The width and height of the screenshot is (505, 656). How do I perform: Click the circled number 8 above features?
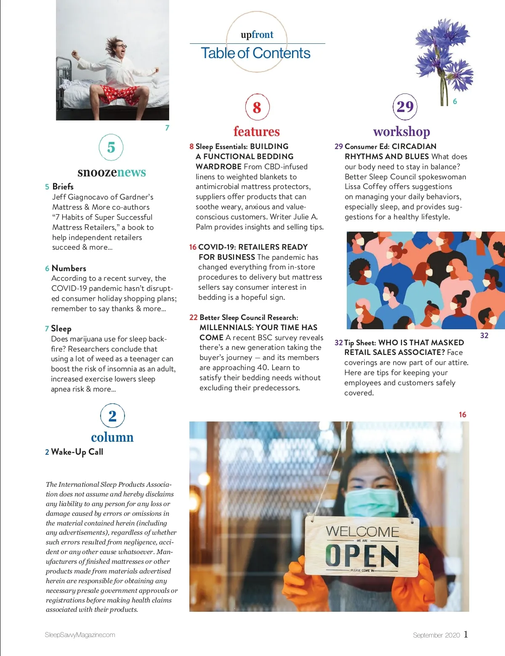257,107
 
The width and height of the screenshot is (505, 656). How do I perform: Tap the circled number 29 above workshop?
405,107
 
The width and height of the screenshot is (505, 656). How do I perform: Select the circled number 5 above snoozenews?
111,147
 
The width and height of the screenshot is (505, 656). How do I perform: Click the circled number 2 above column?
112,416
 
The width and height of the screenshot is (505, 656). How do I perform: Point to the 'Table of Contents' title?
255,53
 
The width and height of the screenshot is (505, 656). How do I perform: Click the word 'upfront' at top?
257,35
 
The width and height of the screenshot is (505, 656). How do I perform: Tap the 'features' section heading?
256,131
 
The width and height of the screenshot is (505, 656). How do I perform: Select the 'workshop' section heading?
401,131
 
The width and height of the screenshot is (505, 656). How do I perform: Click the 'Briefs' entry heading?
63,187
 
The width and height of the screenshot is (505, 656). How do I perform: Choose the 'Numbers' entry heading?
69,268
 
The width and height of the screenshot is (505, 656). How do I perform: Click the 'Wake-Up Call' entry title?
77,452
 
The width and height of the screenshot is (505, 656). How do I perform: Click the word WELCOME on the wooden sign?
362,532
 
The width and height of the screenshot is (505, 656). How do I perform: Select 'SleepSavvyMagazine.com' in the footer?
80,635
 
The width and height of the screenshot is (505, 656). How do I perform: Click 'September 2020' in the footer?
436,635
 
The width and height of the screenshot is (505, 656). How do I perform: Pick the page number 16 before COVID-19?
193,247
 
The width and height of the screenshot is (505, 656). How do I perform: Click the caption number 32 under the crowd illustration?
484,336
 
